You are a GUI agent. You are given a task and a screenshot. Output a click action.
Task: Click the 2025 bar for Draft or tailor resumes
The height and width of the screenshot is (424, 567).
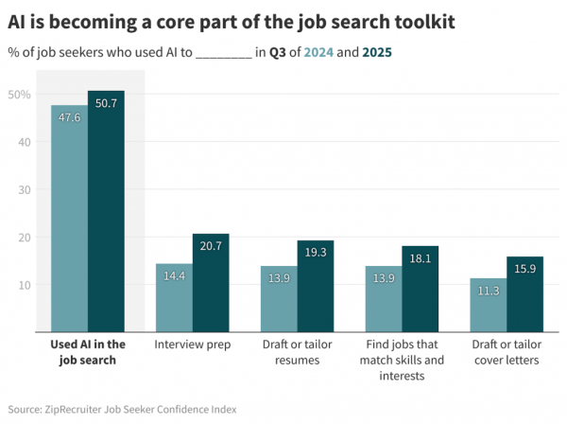tap(316, 286)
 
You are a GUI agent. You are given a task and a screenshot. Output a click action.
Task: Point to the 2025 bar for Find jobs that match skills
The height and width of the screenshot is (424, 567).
tap(421, 289)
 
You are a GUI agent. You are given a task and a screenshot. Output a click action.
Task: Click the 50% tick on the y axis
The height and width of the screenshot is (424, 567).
tap(20, 95)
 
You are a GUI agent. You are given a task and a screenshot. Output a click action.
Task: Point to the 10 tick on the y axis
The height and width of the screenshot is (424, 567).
tap(23, 285)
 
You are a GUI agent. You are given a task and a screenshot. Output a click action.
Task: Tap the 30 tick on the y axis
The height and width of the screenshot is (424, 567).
tap(23, 189)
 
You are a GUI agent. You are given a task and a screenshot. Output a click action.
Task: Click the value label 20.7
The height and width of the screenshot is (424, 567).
tap(211, 246)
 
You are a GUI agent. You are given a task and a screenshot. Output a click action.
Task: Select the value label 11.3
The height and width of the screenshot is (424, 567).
tap(488, 291)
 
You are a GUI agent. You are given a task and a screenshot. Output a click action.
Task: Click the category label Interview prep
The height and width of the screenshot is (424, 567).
tap(193, 345)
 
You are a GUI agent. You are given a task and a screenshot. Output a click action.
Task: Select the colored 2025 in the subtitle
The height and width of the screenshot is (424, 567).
tap(377, 53)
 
